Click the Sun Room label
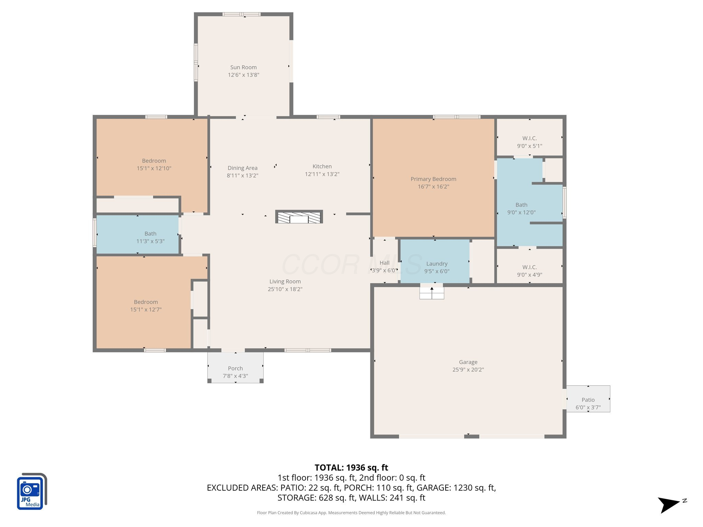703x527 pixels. coord(243,67)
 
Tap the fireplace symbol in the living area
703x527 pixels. coord(299,217)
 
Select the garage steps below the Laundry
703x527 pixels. coord(432,293)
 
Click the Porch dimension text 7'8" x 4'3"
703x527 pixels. coord(235,376)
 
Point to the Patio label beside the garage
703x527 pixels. coord(588,400)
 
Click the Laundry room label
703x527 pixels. coord(437,263)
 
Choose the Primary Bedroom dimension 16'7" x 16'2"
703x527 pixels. coord(433,187)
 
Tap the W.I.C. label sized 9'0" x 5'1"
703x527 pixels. coord(529,138)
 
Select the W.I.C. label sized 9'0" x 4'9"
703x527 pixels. coord(529,267)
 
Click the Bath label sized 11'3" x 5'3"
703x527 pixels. coord(150,234)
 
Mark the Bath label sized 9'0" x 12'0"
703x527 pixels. coord(521,205)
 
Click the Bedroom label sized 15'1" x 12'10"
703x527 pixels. coord(154,161)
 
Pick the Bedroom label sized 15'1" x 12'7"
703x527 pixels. coord(146,302)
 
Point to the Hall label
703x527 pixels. coord(384,263)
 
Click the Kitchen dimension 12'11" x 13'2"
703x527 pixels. coord(322,174)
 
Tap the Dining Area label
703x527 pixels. coord(242,168)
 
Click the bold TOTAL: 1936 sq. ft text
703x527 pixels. coord(351,468)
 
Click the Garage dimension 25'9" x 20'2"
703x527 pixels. coord(468,370)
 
